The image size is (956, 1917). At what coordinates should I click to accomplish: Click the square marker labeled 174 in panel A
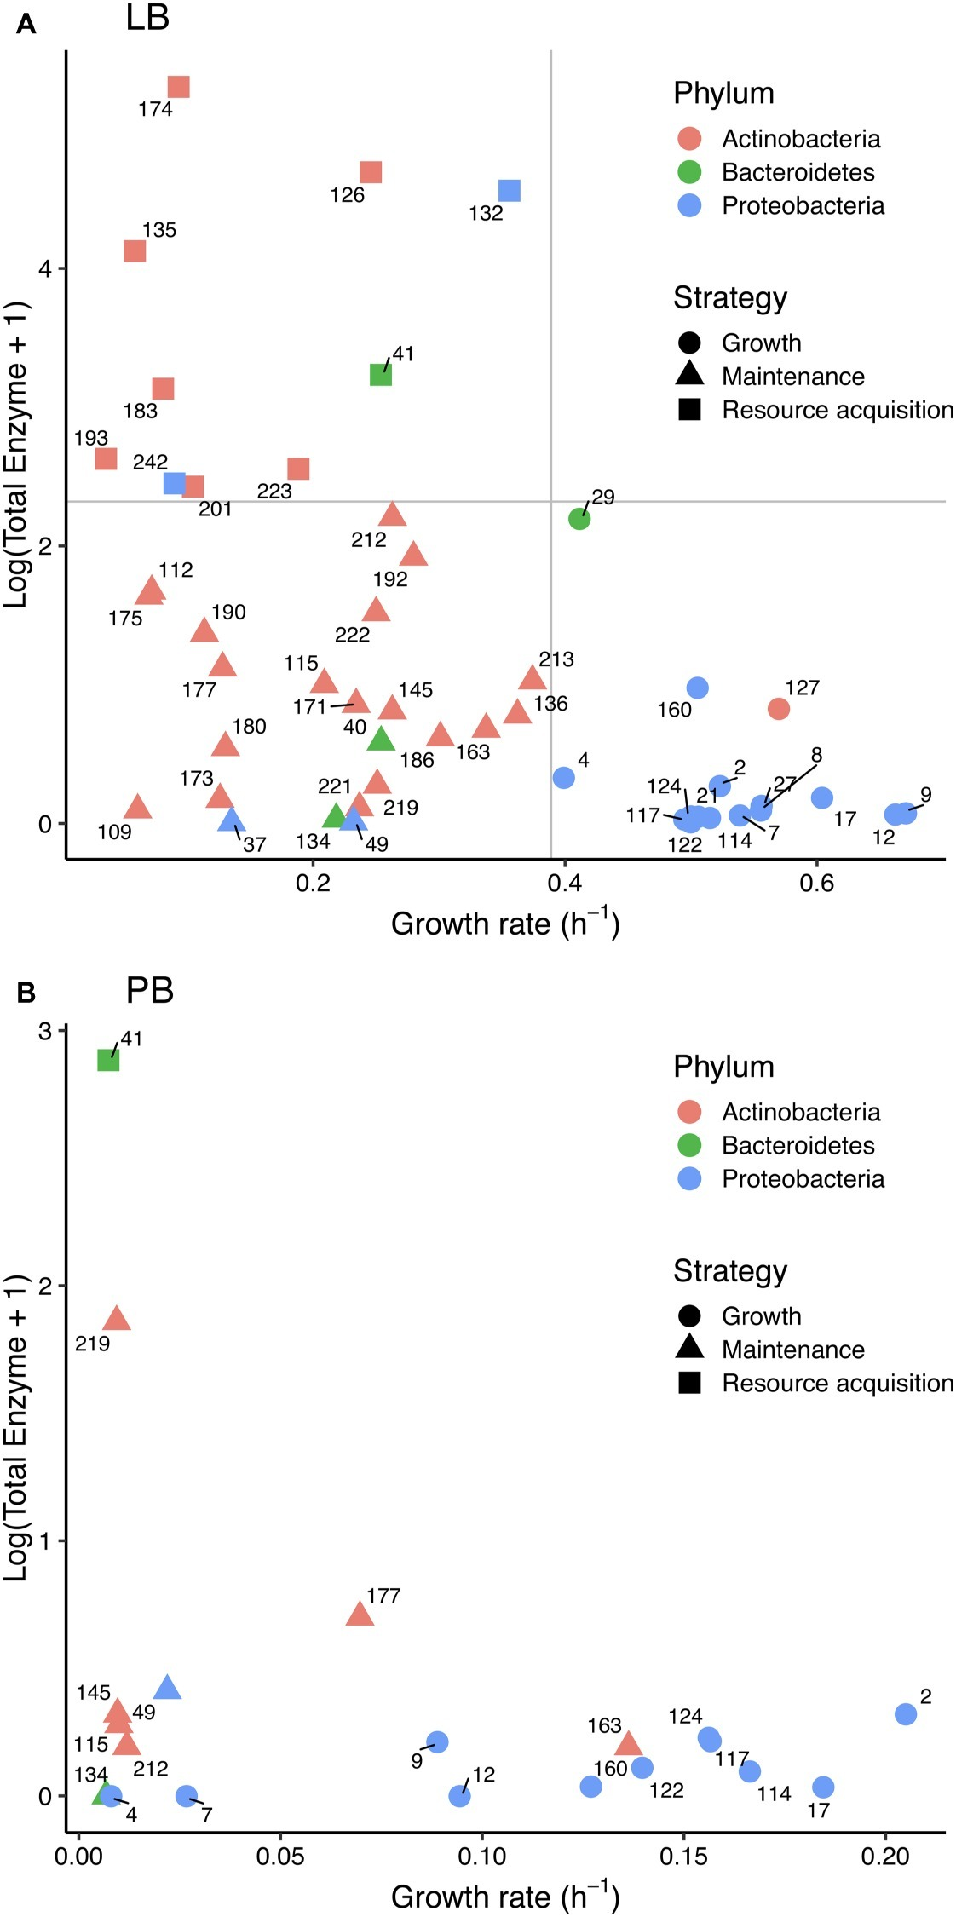[x=178, y=87]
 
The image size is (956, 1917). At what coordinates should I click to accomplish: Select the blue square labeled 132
[x=510, y=190]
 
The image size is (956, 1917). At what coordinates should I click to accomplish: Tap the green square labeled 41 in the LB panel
[x=381, y=374]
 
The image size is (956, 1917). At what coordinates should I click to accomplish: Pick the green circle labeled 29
[x=579, y=518]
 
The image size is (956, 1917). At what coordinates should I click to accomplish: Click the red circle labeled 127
[x=778, y=708]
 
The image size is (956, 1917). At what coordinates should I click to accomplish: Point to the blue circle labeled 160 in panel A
[x=697, y=688]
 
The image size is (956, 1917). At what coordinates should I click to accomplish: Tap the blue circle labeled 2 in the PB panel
[x=906, y=1713]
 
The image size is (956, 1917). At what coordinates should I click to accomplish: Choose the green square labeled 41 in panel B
[x=108, y=1060]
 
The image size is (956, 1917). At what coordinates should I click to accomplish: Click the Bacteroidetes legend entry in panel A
[x=798, y=172]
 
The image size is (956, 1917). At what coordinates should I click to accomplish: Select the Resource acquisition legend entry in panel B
[x=837, y=1383]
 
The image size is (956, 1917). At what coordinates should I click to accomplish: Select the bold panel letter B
[x=26, y=993]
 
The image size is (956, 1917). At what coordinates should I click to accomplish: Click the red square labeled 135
[x=135, y=251]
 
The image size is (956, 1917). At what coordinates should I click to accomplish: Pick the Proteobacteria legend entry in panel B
[x=803, y=1178]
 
